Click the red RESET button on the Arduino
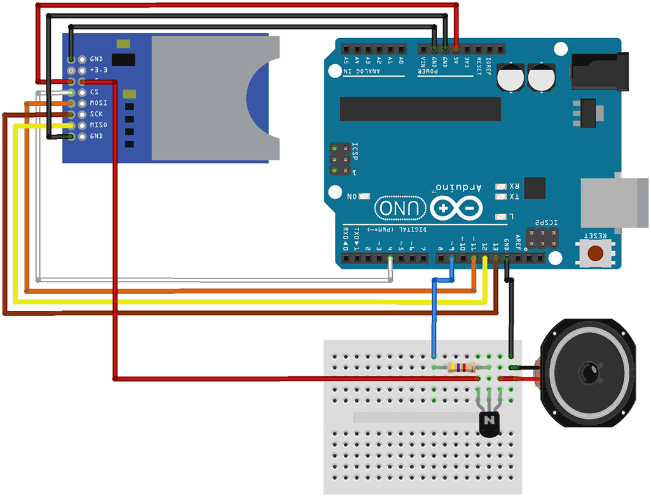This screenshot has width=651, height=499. pyautogui.click(x=596, y=253)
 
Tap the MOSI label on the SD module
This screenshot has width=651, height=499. pyautogui.click(x=98, y=103)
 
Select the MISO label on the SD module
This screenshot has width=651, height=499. pyautogui.click(x=98, y=125)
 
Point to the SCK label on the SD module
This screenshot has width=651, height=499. pyautogui.click(x=96, y=114)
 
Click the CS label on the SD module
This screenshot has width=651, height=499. pyautogui.click(x=93, y=92)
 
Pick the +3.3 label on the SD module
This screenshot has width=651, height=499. pyautogui.click(x=99, y=70)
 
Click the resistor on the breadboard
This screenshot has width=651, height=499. pyautogui.click(x=461, y=367)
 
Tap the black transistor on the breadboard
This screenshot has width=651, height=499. pyautogui.click(x=489, y=423)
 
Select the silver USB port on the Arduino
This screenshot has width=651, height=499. pyautogui.click(x=614, y=203)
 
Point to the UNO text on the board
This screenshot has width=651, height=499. pyautogui.click(x=400, y=207)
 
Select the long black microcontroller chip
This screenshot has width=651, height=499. pyautogui.click(x=420, y=109)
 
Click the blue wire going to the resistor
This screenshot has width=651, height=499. pyautogui.click(x=434, y=318)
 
